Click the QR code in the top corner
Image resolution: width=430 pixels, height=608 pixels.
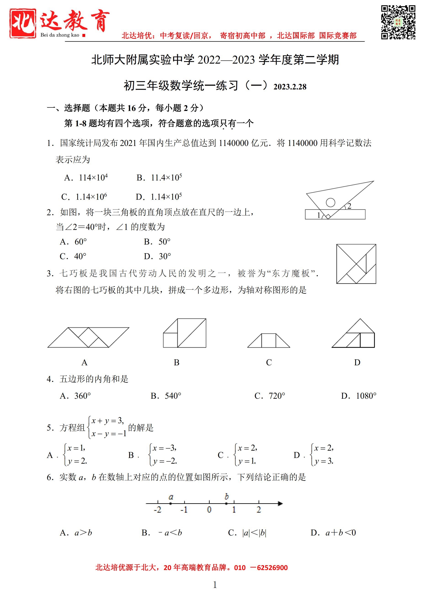tap(398, 22)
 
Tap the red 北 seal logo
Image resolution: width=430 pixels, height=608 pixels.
tap(23, 23)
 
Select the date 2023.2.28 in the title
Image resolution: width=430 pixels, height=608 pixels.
tap(290, 87)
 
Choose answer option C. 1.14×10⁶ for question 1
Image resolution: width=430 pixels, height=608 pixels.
tap(84, 197)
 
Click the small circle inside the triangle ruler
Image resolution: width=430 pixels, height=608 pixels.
tap(330, 202)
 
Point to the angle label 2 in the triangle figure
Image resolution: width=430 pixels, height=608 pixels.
tap(349, 206)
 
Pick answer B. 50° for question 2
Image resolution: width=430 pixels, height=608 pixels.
tap(157, 242)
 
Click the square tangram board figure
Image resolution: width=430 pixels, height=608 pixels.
tap(356, 264)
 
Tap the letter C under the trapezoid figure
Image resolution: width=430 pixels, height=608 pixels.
tap(269, 362)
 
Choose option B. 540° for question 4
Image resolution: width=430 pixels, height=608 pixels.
tap(166, 396)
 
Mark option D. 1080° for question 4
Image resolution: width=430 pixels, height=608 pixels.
tap(359, 396)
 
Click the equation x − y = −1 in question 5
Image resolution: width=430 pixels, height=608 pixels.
tap(109, 434)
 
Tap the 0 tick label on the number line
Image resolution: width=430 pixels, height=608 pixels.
tap(209, 509)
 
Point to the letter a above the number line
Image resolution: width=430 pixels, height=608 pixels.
tap(171, 497)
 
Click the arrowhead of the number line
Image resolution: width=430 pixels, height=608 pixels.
tap(280, 503)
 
